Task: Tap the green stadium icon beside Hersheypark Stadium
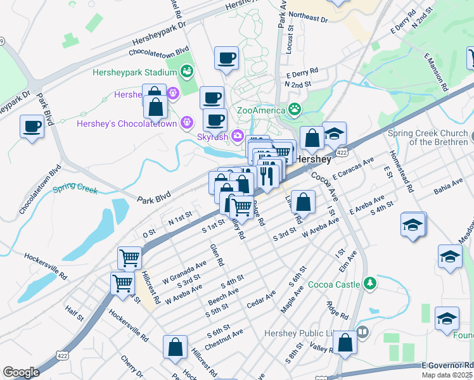click(x=187, y=72)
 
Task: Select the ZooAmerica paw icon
click(x=295, y=109)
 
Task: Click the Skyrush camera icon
click(x=237, y=135)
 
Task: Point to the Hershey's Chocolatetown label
click(x=127, y=123)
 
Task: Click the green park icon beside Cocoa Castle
click(x=369, y=283)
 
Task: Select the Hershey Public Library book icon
click(x=362, y=331)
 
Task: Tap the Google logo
click(x=21, y=372)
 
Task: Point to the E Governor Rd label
click(x=449, y=365)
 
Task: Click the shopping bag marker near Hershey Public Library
click(x=345, y=342)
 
